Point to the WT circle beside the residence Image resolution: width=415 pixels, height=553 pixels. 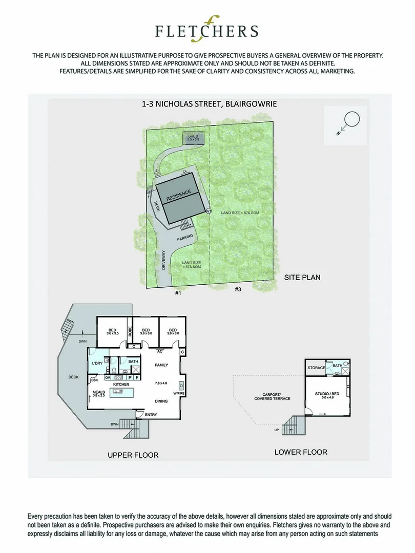(x=209, y=211)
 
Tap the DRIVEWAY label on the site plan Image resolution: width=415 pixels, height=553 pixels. (x=163, y=260)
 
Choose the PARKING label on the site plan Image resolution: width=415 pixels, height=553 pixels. (x=185, y=239)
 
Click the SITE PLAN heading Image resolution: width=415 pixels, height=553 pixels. (x=302, y=278)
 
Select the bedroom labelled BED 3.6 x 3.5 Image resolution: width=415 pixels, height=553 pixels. (x=112, y=332)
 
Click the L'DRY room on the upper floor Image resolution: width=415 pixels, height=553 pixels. (x=97, y=364)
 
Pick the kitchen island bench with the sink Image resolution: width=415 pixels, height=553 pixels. (x=118, y=392)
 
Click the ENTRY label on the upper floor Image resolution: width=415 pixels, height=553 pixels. (x=151, y=415)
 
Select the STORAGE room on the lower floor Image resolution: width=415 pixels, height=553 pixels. (x=317, y=368)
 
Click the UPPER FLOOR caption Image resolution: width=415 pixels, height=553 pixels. (x=133, y=455)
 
